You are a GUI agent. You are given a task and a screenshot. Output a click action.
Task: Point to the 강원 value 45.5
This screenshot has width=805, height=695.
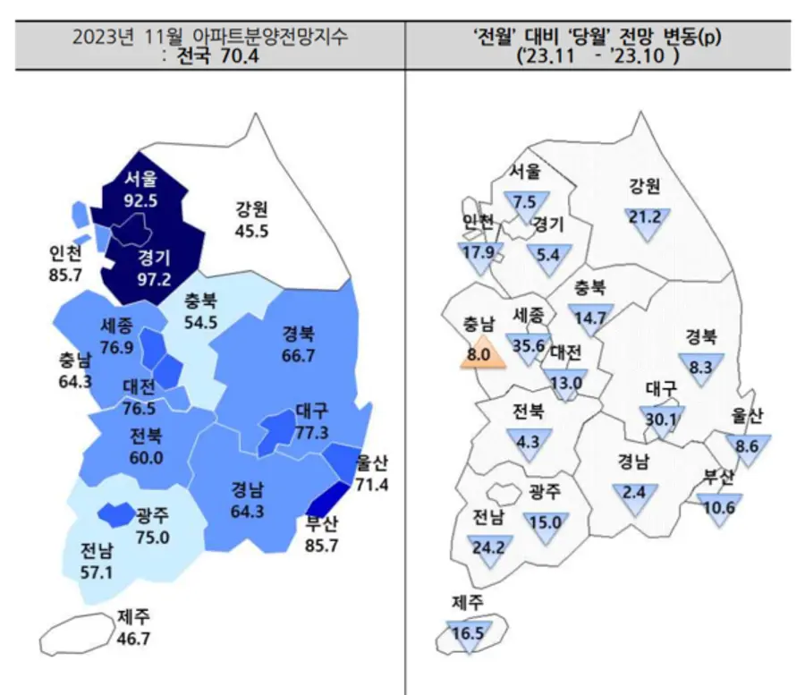[x=251, y=230]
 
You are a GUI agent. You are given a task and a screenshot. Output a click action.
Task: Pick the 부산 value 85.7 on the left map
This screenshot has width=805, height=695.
[x=320, y=543]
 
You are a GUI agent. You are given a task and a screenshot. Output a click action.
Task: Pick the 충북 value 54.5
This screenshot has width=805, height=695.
[x=203, y=322]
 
